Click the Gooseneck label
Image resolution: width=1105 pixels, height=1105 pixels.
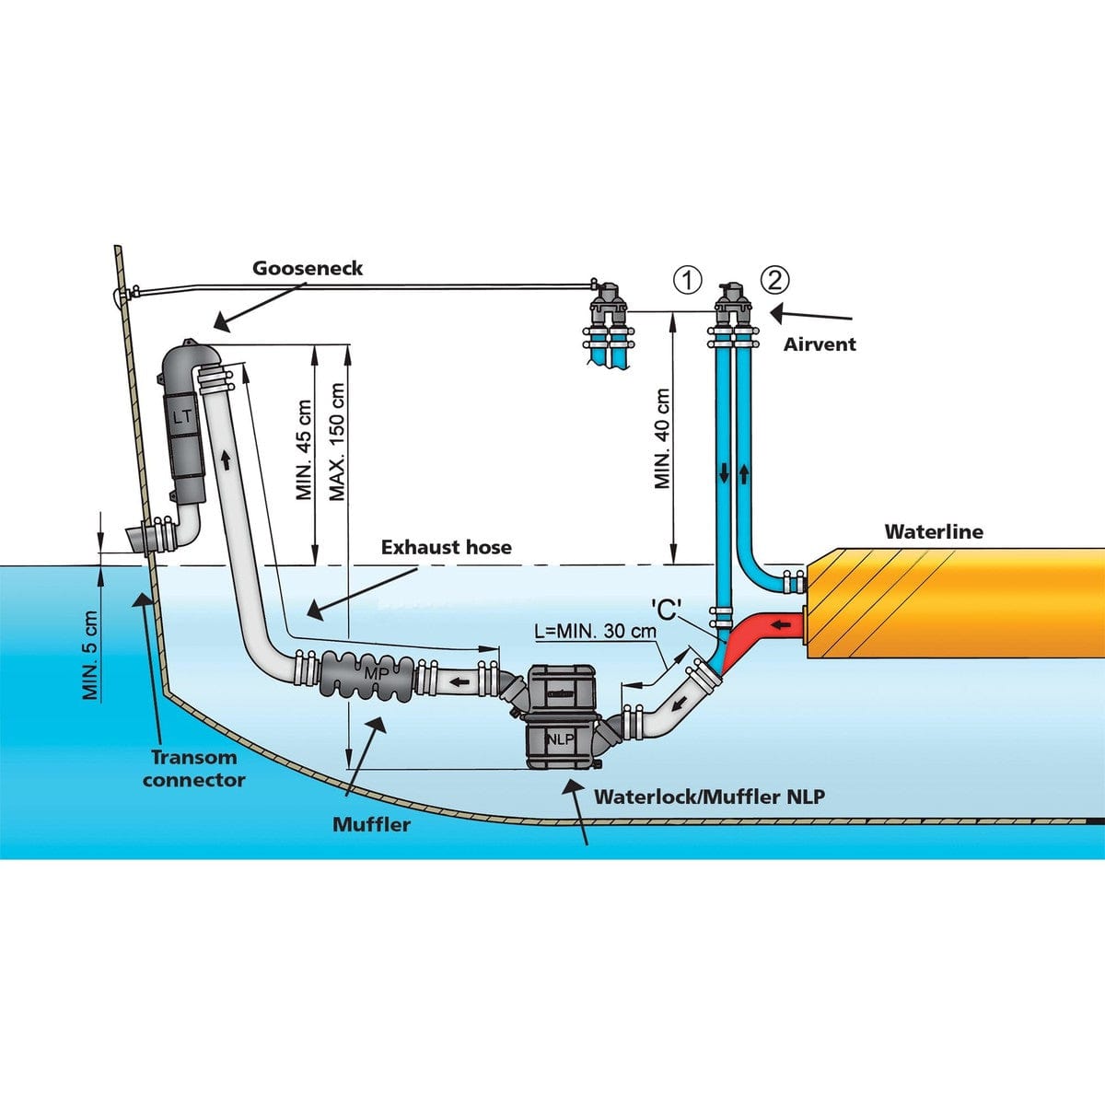coord(308,269)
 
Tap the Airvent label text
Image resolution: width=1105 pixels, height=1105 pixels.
coord(820,344)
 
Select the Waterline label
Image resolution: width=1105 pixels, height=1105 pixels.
coord(933,532)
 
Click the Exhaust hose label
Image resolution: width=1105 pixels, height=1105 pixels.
coord(446,548)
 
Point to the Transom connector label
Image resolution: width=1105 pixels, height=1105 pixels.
coord(193,769)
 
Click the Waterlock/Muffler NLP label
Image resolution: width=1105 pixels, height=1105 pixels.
coord(709,797)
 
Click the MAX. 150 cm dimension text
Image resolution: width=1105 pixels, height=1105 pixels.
coord(338,442)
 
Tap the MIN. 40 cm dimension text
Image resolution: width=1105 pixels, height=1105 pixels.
coord(662,437)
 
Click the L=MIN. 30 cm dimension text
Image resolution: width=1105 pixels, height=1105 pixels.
coord(595,632)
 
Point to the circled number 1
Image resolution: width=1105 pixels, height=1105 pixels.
coord(687,280)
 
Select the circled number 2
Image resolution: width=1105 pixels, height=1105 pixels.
coord(774,279)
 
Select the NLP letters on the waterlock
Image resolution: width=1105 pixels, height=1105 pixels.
coord(558,739)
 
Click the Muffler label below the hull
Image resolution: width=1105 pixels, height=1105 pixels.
coord(371,824)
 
